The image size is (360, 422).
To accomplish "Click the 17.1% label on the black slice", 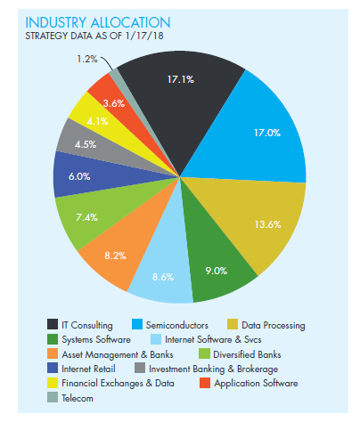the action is (x=181, y=79).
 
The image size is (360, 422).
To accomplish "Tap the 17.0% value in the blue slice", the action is (x=267, y=133).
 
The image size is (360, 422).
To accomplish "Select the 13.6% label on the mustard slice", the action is (x=267, y=224).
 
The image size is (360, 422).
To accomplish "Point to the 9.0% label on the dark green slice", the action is (x=217, y=271).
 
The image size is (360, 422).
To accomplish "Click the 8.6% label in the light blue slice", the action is (x=163, y=277).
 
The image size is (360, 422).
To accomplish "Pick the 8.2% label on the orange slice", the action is (x=115, y=256).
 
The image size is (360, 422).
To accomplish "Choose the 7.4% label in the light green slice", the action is (x=86, y=217).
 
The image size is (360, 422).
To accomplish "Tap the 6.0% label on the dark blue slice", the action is (x=79, y=176).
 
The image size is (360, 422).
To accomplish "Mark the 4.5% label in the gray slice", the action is (x=86, y=144).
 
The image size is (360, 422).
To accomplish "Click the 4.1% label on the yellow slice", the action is (x=97, y=121).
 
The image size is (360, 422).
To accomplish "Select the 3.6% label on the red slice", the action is (x=114, y=103).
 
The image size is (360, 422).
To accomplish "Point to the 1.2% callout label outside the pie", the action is (x=87, y=59).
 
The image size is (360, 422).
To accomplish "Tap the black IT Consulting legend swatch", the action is (x=53, y=324).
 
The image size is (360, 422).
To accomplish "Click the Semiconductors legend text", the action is (x=177, y=325).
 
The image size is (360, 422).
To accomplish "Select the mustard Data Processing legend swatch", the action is (x=233, y=324).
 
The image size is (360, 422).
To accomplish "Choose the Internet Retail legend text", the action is (x=88, y=369).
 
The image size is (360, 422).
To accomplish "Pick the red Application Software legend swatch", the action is (x=205, y=383).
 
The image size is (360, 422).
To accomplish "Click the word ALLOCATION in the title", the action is (x=130, y=23).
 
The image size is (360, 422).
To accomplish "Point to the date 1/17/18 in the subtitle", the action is (x=144, y=36).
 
